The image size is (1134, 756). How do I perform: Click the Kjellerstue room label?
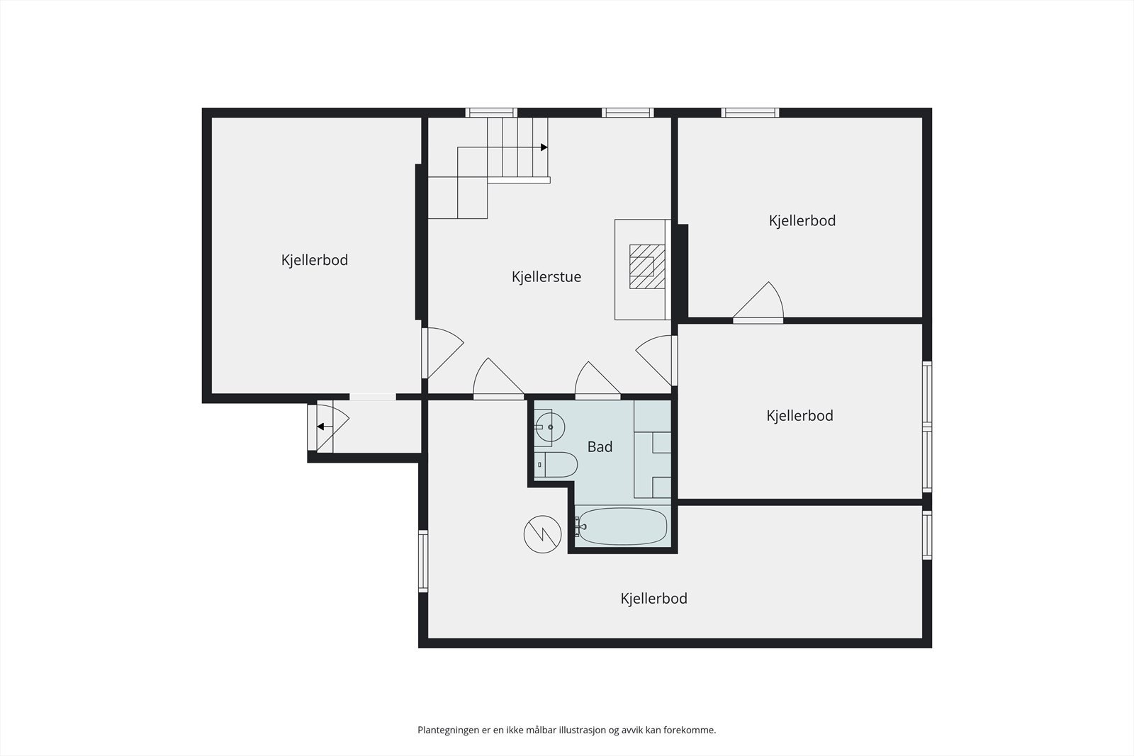tap(546, 277)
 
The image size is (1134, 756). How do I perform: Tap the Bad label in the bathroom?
tap(600, 447)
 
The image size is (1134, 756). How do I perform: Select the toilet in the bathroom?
tap(558, 465)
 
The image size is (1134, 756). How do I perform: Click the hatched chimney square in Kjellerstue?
tap(647, 266)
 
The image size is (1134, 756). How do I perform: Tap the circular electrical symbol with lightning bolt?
tap(542, 534)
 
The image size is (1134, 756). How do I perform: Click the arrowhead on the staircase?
tap(544, 147)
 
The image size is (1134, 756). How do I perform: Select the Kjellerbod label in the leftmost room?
tap(314, 260)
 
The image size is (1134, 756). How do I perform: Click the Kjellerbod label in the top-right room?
tap(802, 220)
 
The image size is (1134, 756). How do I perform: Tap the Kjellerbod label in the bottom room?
tap(653, 599)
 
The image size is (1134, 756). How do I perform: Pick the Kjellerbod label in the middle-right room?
tap(799, 416)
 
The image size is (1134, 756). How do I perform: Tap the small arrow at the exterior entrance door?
tap(321, 427)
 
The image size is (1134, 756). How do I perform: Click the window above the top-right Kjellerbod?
tap(750, 113)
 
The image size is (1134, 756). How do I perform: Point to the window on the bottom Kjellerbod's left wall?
tap(423, 561)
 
